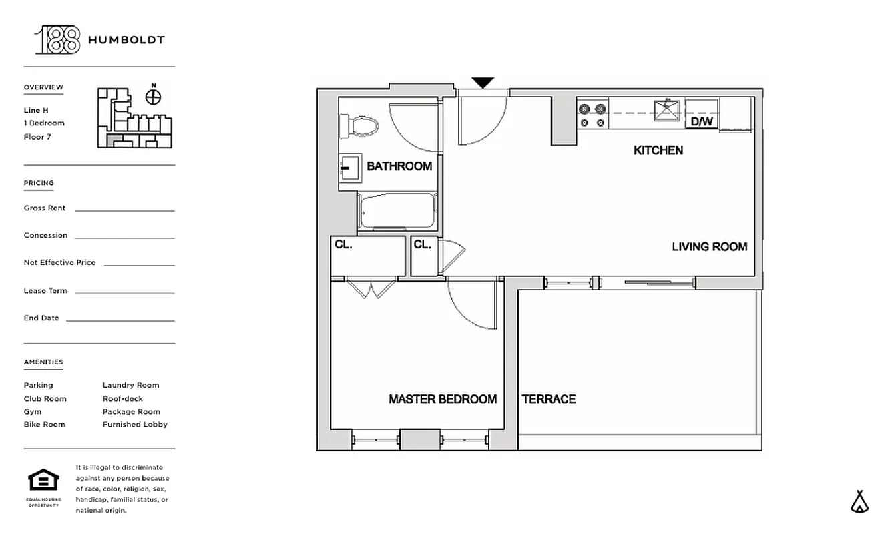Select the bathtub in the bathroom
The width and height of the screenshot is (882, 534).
397,212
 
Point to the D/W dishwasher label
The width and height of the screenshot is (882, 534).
701,121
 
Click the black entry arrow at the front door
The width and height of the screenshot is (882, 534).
483,83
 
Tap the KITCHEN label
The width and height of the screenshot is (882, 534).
658,150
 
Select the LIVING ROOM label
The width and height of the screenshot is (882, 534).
709,247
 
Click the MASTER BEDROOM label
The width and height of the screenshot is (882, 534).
443,399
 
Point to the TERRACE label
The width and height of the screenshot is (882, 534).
549,399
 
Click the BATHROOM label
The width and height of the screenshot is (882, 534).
399,166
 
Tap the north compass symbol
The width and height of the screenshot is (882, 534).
154,97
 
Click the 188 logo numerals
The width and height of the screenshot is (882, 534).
57,40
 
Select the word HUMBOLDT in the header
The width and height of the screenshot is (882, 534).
126,40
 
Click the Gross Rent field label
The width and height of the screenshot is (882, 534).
45,208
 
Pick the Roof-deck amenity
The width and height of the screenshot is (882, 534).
123,398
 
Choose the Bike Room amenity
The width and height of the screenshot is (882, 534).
45,425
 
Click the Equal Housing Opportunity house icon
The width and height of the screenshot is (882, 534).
43,480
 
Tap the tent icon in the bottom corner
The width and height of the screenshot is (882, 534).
860,501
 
